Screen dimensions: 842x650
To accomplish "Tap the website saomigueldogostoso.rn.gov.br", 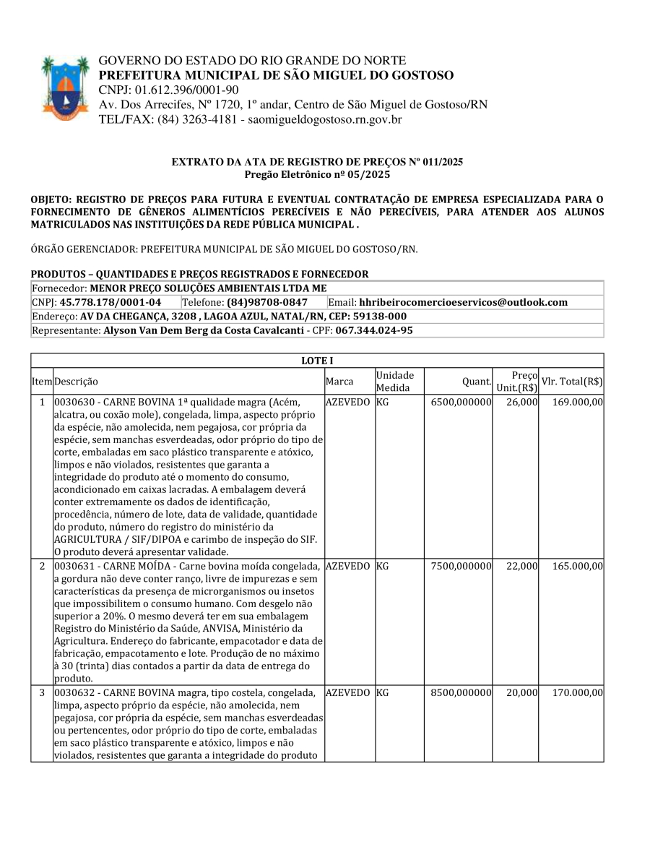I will [325, 119].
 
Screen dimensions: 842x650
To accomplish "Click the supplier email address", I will [463, 302].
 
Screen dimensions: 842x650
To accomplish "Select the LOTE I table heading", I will [316, 361].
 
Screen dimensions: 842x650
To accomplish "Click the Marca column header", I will [339, 381].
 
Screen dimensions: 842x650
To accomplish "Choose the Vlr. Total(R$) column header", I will [572, 381].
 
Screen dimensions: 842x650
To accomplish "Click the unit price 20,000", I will [521, 693].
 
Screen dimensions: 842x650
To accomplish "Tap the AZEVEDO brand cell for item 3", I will [348, 693].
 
